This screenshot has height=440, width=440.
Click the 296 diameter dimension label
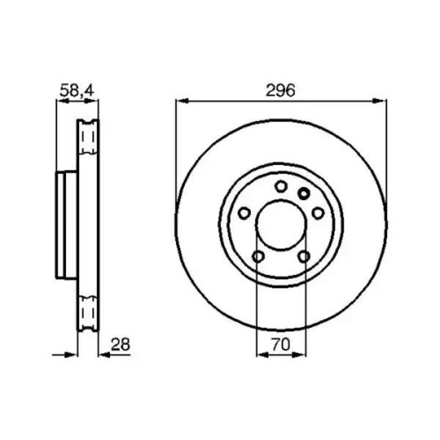pos(280,91)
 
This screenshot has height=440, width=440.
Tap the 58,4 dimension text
pos(76,91)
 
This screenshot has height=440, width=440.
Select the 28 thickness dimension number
pos(120,345)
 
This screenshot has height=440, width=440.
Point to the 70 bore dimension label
pos(281,345)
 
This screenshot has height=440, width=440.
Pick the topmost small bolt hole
pos(281,186)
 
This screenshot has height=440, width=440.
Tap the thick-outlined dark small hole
pos(304,194)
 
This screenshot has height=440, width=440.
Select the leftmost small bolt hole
pos(244,213)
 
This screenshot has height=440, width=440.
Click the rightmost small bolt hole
pos(318,213)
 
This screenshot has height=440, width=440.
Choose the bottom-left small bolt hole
pos(258,256)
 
